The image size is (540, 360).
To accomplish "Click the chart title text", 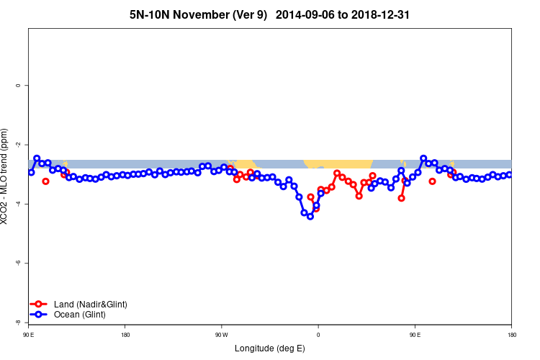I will point(270,14).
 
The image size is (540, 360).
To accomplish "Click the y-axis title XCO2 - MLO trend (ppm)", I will point(6,176).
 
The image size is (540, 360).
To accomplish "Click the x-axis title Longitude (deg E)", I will point(270,348).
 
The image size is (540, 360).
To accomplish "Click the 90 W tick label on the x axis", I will point(222,335).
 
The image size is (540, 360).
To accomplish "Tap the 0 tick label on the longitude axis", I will point(318,335).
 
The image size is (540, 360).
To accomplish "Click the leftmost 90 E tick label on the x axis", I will point(29,335).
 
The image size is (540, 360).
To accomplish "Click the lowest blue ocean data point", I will point(310,216).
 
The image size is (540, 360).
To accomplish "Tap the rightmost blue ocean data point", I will point(510,174).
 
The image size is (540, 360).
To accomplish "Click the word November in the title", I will point(205,14).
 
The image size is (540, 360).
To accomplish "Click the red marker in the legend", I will point(40,305).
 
